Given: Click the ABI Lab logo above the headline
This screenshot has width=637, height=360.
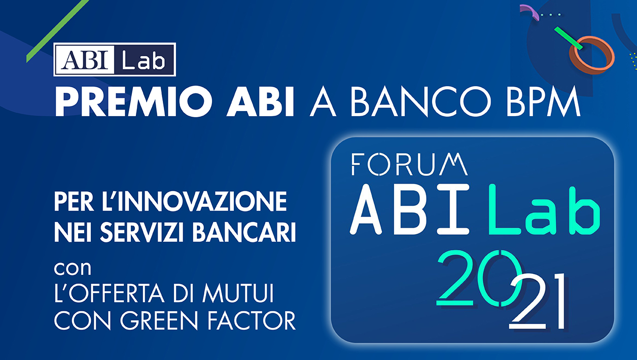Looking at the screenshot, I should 115,59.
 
